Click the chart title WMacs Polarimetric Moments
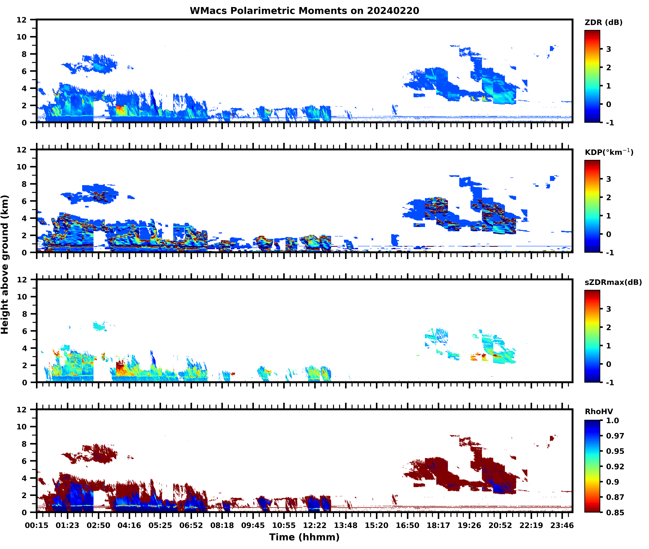click(x=304, y=11)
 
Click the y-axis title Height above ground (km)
click(x=5, y=264)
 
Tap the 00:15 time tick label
click(x=37, y=525)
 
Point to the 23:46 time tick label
click(x=562, y=525)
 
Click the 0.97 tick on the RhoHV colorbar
click(x=615, y=436)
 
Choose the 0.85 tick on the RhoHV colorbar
click(x=615, y=512)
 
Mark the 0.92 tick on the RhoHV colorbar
click(x=615, y=466)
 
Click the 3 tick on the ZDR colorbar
click(x=609, y=49)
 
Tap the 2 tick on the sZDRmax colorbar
click(x=609, y=327)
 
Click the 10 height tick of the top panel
click(x=22, y=37)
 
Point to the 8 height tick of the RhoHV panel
click(x=24, y=444)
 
